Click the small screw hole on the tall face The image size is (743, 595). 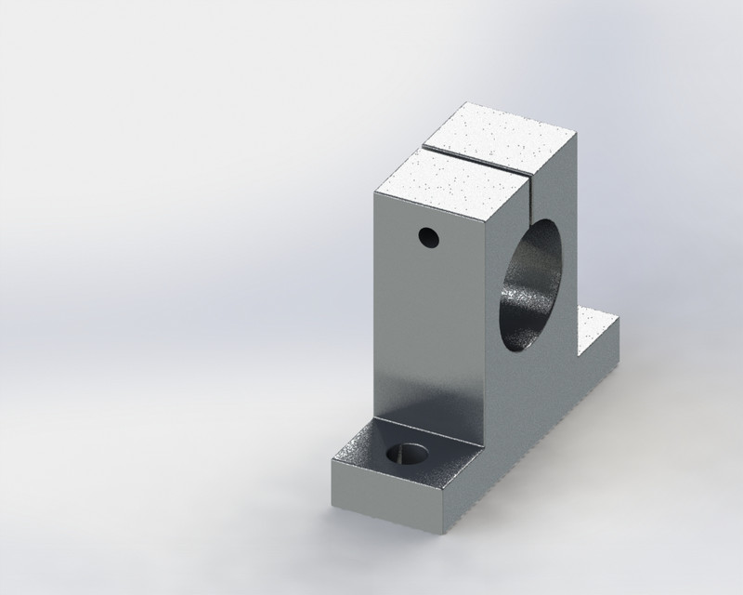[427, 237]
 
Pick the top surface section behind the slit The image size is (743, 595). [502, 135]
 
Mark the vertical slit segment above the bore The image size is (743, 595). [536, 191]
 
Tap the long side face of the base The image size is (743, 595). [539, 437]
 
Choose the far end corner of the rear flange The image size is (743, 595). [619, 319]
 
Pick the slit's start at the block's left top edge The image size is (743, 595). [424, 148]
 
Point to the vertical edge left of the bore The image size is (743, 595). [485, 316]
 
